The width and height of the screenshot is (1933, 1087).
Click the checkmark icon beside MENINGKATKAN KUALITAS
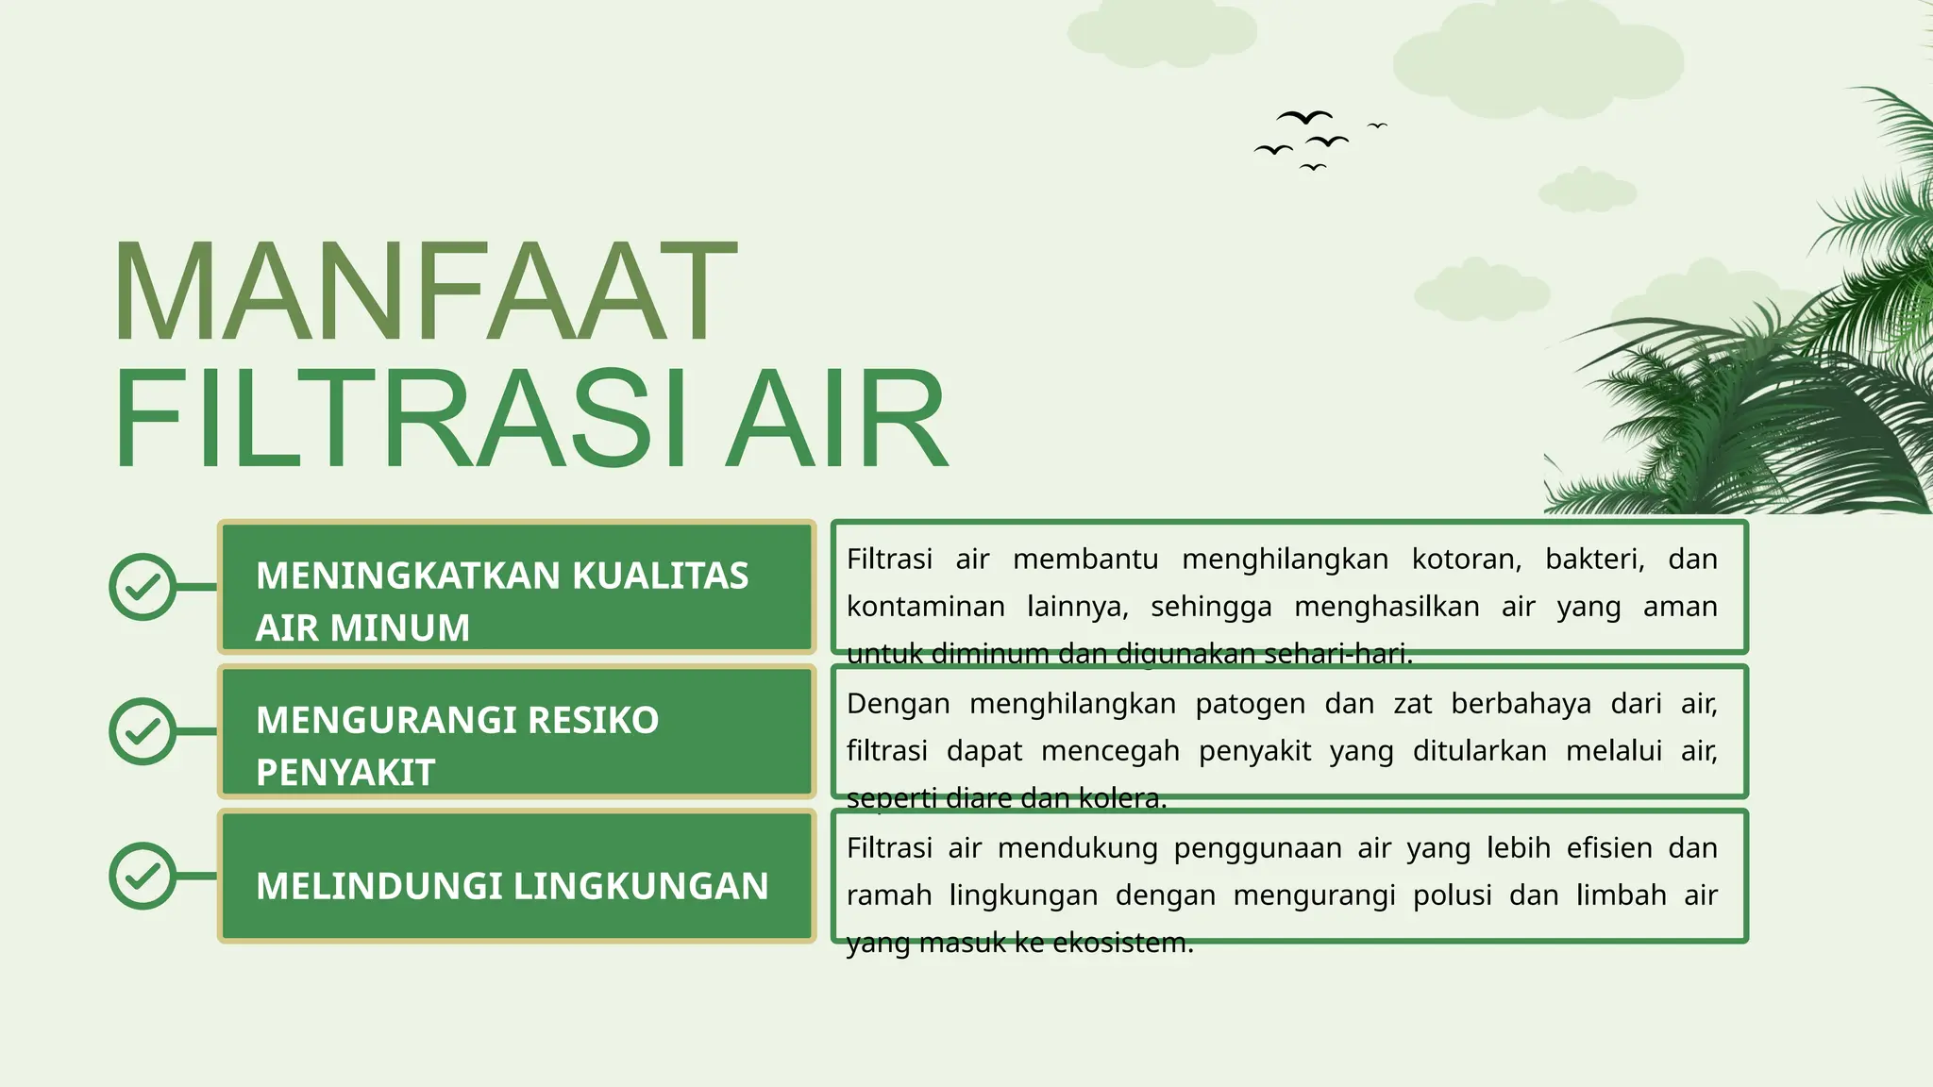click(143, 587)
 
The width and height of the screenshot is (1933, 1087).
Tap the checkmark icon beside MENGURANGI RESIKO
click(143, 731)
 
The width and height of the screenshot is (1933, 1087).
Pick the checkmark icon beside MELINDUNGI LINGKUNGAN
click(143, 876)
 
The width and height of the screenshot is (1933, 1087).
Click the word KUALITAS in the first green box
click(660, 576)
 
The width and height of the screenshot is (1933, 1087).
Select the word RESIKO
click(593, 720)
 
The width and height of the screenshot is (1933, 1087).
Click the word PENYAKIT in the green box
click(345, 773)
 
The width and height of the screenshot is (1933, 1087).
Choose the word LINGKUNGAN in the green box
click(640, 886)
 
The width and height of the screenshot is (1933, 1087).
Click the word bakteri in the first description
click(1594, 560)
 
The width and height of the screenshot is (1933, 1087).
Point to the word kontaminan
click(925, 607)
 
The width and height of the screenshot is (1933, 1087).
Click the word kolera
click(1122, 799)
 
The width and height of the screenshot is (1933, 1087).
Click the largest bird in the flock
click(1304, 117)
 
